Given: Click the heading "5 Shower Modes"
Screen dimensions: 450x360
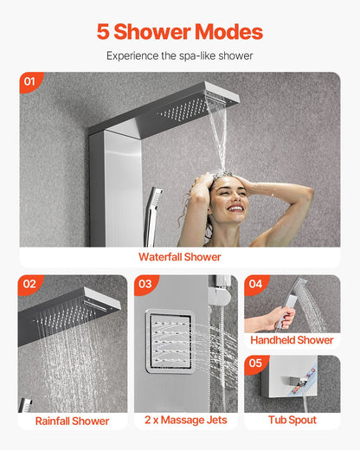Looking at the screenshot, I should coord(179,32).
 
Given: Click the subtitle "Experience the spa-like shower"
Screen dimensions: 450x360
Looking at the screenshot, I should coord(179,55).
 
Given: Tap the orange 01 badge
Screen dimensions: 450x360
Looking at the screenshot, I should coord(30,82).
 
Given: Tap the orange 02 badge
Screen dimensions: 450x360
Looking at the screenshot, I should coord(29,284).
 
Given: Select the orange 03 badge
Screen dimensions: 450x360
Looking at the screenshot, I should coord(145,284).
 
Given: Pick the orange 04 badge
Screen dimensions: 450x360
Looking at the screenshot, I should coord(255,284).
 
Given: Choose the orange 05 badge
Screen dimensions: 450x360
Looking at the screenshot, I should coord(255,364).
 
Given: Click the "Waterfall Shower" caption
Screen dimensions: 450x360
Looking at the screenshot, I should coord(179,257).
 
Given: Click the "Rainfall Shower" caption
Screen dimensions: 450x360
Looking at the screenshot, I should coord(72,421).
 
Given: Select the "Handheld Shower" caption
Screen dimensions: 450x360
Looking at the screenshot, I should coord(292,340).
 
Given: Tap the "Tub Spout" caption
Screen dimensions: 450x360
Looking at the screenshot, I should coord(292,421).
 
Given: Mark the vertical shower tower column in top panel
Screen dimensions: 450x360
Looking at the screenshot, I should coord(113,190).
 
